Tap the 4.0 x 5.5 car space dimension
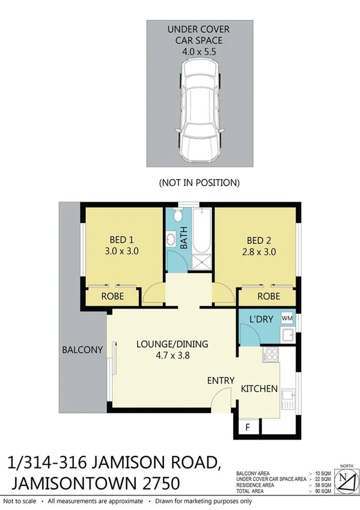pyautogui.click(x=198, y=52)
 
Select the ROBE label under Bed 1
pyautogui.click(x=112, y=296)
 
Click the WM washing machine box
pyautogui.click(x=287, y=318)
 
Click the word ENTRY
pyautogui.click(x=221, y=381)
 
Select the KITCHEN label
pyautogui.click(x=259, y=389)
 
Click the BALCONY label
pyautogui.click(x=82, y=349)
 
